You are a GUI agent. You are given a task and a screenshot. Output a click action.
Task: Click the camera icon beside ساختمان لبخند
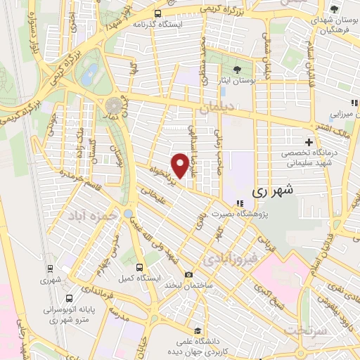coord(188,274)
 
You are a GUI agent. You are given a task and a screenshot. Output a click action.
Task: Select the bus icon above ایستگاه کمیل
coord(140,267)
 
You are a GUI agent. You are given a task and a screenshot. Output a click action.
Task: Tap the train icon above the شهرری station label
coord(50,269)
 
